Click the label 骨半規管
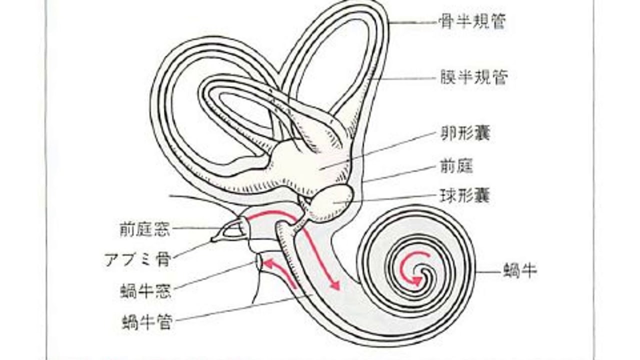[x=471, y=22]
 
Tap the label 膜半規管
[x=471, y=77]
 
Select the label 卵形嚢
[x=465, y=133]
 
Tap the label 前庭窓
[x=145, y=229]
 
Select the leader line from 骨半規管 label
[x=413, y=22]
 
